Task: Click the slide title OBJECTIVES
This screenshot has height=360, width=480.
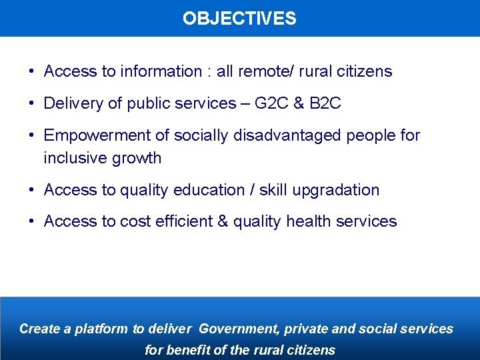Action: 239,18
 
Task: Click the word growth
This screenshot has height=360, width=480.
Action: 137,158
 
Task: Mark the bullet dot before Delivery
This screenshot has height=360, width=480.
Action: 32,103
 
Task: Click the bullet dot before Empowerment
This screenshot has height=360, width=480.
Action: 32,135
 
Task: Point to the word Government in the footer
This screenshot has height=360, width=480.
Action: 239,329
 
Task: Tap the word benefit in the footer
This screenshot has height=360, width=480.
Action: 187,350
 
